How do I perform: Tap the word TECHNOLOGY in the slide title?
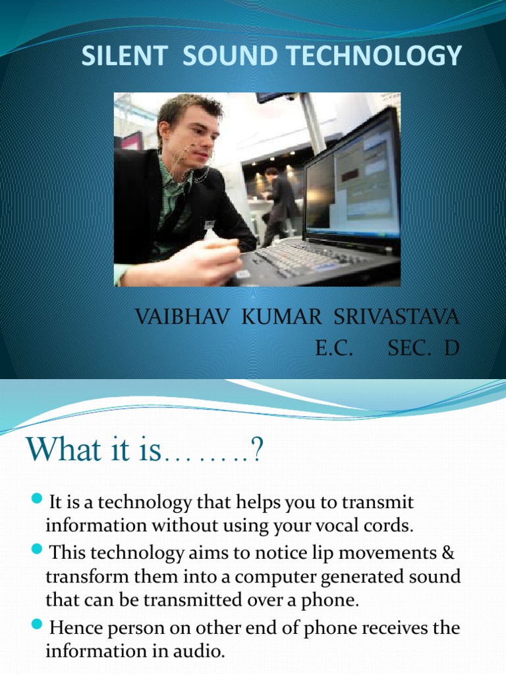(383, 57)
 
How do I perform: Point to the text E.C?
(335, 348)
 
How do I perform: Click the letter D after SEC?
(451, 348)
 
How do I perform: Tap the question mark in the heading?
(256, 452)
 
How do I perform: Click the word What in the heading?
(62, 451)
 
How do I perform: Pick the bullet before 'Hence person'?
(37, 625)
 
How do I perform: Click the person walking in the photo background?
(278, 204)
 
